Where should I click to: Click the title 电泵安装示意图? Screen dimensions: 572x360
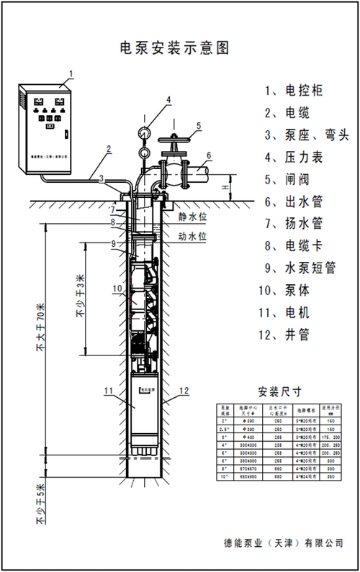[x=177, y=48]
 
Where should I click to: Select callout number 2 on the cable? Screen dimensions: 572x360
[x=108, y=150]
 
